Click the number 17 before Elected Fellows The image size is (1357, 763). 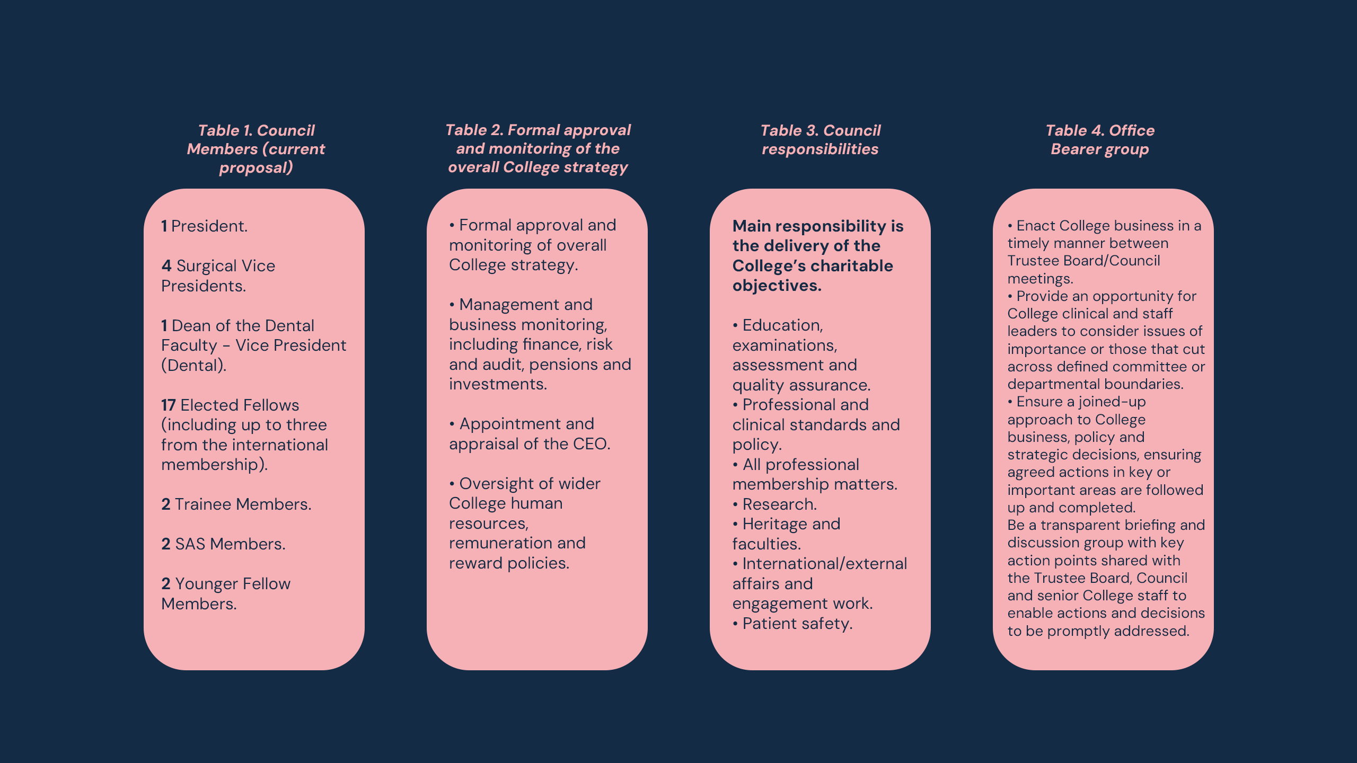tap(168, 405)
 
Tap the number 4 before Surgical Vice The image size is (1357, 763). tap(166, 266)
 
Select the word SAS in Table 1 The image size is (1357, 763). tap(190, 544)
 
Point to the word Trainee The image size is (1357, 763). tap(204, 504)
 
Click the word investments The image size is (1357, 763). tap(498, 384)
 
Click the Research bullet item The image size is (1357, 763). tap(780, 504)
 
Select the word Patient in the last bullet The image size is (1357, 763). tap(768, 624)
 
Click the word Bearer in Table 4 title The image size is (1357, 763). tap(1074, 149)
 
